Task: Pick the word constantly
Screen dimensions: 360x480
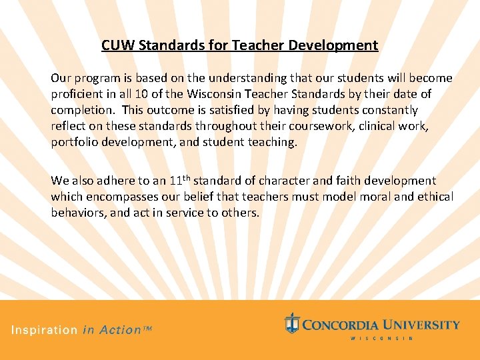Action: pos(385,110)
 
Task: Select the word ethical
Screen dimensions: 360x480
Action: pos(431,197)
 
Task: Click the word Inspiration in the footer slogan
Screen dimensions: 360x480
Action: pos(44,330)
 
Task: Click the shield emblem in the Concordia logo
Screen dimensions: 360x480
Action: pos(291,323)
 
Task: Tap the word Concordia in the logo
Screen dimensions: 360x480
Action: pos(342,325)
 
